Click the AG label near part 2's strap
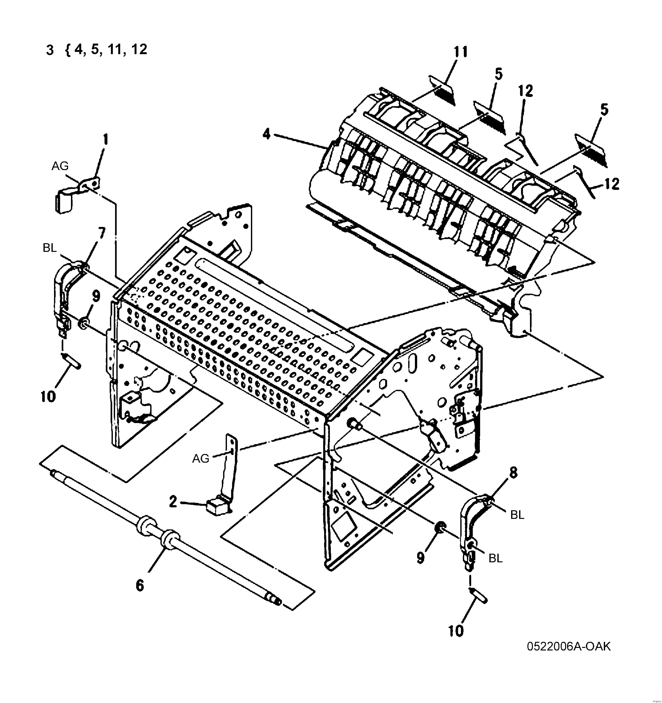tap(201, 459)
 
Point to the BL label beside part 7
tap(50, 248)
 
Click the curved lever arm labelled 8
tap(471, 520)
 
